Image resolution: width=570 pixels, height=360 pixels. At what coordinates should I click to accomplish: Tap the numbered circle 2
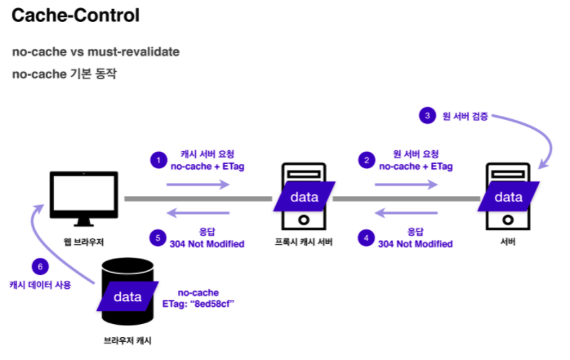point(367,160)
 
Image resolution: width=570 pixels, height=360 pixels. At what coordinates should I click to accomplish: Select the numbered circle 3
point(427,116)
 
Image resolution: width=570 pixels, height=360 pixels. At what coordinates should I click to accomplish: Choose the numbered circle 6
point(40,266)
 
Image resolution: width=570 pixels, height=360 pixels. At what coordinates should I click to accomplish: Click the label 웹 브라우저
point(82,242)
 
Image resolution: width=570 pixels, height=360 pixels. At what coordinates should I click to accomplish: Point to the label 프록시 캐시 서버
point(301,242)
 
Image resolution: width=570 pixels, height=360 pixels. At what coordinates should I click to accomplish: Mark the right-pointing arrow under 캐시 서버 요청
point(198,185)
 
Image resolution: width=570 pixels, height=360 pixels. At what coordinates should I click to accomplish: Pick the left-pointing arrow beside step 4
point(404,213)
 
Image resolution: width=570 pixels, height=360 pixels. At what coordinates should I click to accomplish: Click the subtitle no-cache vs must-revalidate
point(96,52)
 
